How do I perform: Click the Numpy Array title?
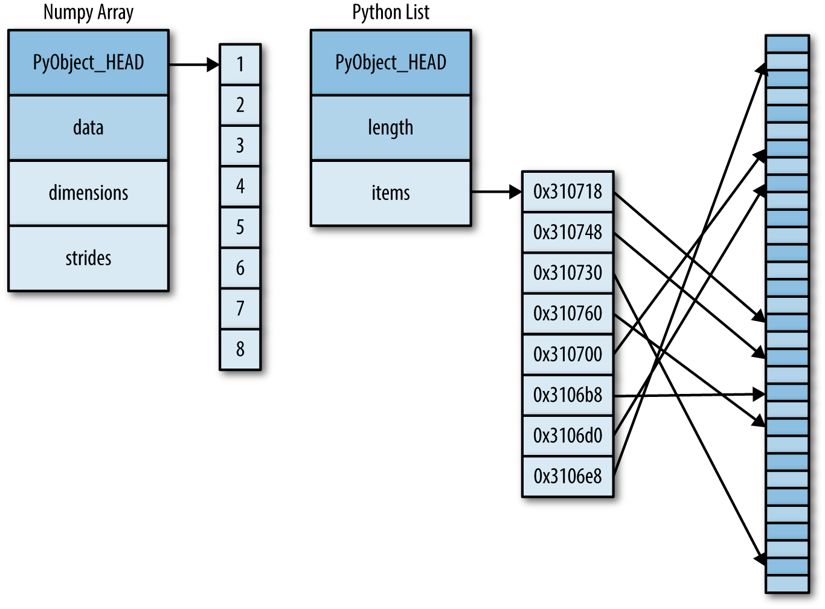(88, 12)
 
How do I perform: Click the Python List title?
(391, 12)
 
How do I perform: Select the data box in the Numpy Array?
(88, 127)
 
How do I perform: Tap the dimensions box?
(88, 193)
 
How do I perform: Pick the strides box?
(88, 258)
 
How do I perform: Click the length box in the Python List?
(391, 127)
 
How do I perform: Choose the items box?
(391, 193)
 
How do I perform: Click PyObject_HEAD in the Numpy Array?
(88, 62)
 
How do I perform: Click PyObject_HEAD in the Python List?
(391, 62)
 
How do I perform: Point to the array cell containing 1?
(240, 64)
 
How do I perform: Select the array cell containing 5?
(240, 227)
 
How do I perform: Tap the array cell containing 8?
(240, 349)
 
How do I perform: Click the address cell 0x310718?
(568, 192)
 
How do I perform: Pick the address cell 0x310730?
(568, 273)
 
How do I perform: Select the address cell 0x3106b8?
(568, 395)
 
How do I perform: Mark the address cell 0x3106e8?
(568, 476)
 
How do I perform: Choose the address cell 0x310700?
(568, 354)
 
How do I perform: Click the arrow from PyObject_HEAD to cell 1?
(193, 64)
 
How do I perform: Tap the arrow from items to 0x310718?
(495, 192)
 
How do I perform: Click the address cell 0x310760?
(568, 314)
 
